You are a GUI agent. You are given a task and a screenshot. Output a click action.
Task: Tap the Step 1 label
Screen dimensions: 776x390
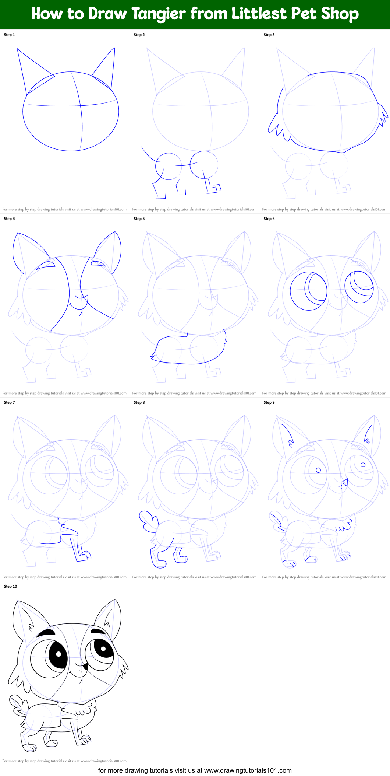(x=10, y=35)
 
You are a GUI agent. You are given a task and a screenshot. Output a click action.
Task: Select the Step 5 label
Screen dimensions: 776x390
(x=139, y=219)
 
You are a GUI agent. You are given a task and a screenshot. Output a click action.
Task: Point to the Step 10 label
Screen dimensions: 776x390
(x=11, y=586)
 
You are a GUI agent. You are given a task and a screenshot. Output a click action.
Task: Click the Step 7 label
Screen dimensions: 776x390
(x=10, y=402)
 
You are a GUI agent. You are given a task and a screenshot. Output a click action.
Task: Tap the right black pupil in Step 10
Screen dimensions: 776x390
(x=103, y=649)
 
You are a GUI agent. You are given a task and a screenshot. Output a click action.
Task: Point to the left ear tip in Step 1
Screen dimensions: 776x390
(x=17, y=48)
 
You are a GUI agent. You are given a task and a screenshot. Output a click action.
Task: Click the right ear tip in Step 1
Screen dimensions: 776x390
(x=114, y=48)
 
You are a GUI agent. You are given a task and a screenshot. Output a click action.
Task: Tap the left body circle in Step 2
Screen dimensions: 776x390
(x=169, y=166)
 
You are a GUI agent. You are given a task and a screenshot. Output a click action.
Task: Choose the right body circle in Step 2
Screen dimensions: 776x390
(x=204, y=164)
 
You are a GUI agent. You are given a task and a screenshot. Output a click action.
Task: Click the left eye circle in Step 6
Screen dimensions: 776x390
(x=308, y=291)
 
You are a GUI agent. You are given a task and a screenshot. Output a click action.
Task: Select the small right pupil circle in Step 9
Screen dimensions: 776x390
(x=363, y=465)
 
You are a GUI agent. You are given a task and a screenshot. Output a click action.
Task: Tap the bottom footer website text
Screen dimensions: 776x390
(x=195, y=770)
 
